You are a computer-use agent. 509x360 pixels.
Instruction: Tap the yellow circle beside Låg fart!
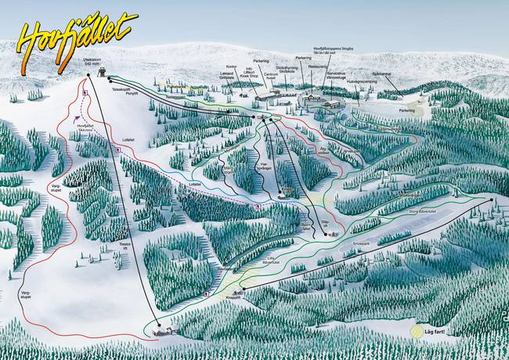(x=417, y=331)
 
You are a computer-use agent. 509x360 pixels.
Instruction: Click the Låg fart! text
(x=435, y=332)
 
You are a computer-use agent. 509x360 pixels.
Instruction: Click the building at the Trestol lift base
(x=164, y=330)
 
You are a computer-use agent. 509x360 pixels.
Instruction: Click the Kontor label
(x=230, y=67)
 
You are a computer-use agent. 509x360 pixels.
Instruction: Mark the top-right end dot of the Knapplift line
(x=493, y=200)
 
